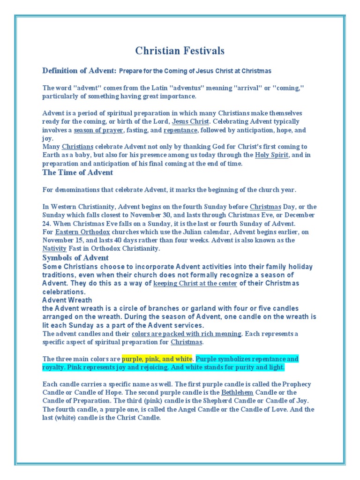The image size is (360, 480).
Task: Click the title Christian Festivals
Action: [180, 51]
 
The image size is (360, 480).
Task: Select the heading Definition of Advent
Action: [79, 71]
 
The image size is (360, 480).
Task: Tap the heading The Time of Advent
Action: [77, 172]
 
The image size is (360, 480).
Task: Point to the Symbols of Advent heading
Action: [75, 258]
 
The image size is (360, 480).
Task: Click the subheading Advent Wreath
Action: [67, 300]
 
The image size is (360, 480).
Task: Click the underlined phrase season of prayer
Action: [98, 130]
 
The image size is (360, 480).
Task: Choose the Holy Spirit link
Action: [272, 155]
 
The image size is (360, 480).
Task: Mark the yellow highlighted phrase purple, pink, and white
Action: [157, 359]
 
